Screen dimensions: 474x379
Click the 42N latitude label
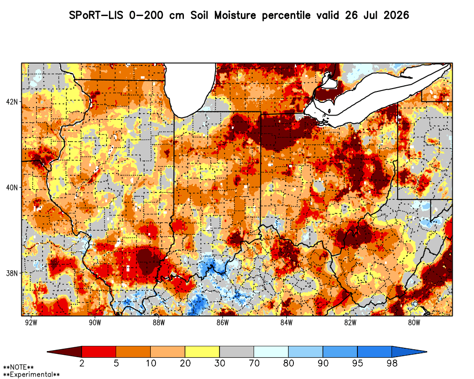click(12, 101)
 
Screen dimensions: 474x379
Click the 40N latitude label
click(12, 188)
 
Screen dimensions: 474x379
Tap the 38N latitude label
click(12, 273)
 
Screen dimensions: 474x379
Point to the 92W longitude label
click(31, 323)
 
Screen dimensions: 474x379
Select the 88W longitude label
click(159, 323)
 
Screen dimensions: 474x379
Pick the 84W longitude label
click(286, 323)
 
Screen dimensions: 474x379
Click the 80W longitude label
click(414, 323)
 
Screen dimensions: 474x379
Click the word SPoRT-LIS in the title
click(96, 15)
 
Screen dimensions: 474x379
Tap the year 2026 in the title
click(396, 15)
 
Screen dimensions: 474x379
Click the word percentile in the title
click(286, 16)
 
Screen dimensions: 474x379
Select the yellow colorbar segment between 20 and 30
click(202, 352)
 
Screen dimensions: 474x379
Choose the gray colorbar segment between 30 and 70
click(237, 352)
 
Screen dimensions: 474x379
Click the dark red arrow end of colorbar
click(64, 352)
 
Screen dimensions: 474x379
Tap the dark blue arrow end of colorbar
click(410, 352)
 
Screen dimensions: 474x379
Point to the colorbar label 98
click(392, 363)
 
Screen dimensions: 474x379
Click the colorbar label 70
click(254, 363)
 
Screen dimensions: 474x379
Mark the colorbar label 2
click(82, 363)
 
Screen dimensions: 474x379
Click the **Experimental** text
click(31, 375)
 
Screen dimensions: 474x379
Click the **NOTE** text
click(18, 368)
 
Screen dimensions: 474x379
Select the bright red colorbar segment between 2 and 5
click(99, 352)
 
